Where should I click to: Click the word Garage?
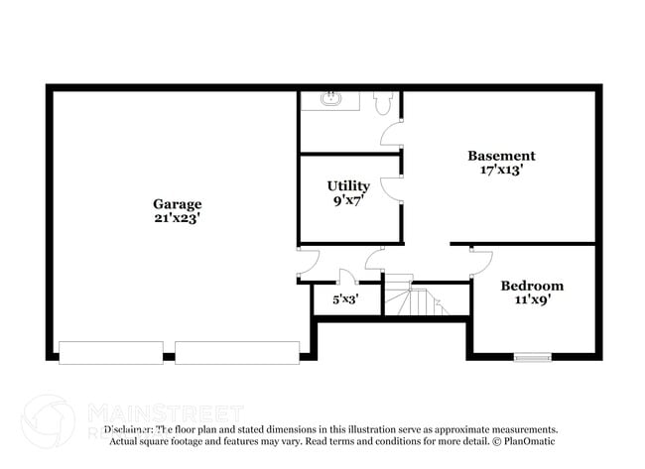point(177,204)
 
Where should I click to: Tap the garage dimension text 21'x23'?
point(177,219)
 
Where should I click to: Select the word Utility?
point(348,185)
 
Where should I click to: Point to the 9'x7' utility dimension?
point(348,200)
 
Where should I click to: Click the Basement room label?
point(501,156)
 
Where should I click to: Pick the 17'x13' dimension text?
point(501,170)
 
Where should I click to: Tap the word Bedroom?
point(532,286)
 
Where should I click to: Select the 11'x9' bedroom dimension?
point(532,299)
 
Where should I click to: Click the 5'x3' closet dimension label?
point(344,297)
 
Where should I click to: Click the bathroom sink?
point(330,100)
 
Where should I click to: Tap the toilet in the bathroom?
point(385,101)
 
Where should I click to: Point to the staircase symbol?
point(417,298)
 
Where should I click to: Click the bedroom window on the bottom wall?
point(532,356)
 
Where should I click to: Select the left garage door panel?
point(111,352)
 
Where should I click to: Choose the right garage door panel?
point(237,352)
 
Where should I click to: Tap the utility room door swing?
point(393,186)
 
